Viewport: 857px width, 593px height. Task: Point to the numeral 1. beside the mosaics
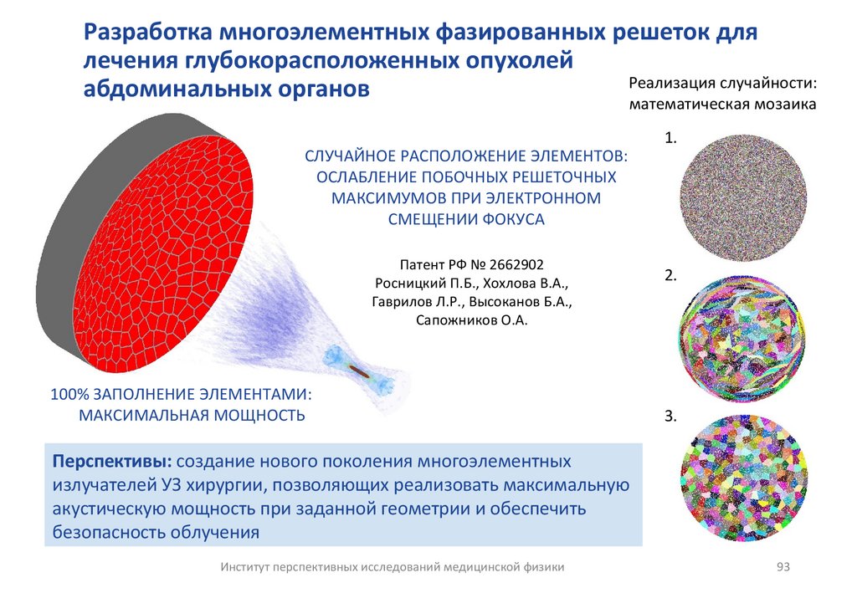[670, 138]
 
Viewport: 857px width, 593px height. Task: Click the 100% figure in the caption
[69, 393]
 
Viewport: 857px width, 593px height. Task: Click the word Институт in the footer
[248, 566]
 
